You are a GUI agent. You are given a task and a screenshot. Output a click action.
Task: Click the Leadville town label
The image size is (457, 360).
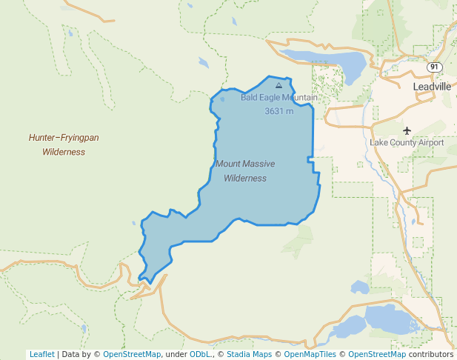pos(431,87)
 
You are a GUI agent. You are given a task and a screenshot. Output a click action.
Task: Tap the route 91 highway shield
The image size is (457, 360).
pos(434,67)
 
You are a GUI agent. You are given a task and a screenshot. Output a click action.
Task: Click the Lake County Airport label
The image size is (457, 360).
pos(407,142)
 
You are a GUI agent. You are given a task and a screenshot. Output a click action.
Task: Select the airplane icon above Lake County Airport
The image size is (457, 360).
pos(407,130)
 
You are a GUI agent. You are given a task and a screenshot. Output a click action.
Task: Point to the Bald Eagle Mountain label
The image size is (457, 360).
pos(278,98)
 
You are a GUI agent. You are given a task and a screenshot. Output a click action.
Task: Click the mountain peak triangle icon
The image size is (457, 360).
pos(278,86)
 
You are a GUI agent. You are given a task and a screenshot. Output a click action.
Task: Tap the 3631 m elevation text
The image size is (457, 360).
pos(278,111)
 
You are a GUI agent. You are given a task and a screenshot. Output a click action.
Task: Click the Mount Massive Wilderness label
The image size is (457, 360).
pos(244,170)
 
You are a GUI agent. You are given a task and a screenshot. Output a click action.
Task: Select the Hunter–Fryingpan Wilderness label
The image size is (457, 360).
pos(64,144)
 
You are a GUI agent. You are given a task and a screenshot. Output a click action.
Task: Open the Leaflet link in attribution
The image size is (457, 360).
pos(41,354)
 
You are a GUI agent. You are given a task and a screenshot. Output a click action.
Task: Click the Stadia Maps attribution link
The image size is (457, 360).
pos(249,354)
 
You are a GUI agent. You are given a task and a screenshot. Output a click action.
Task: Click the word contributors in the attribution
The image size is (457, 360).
pos(430,354)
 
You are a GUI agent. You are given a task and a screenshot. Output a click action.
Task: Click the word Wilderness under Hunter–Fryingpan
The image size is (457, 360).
pos(64,152)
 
